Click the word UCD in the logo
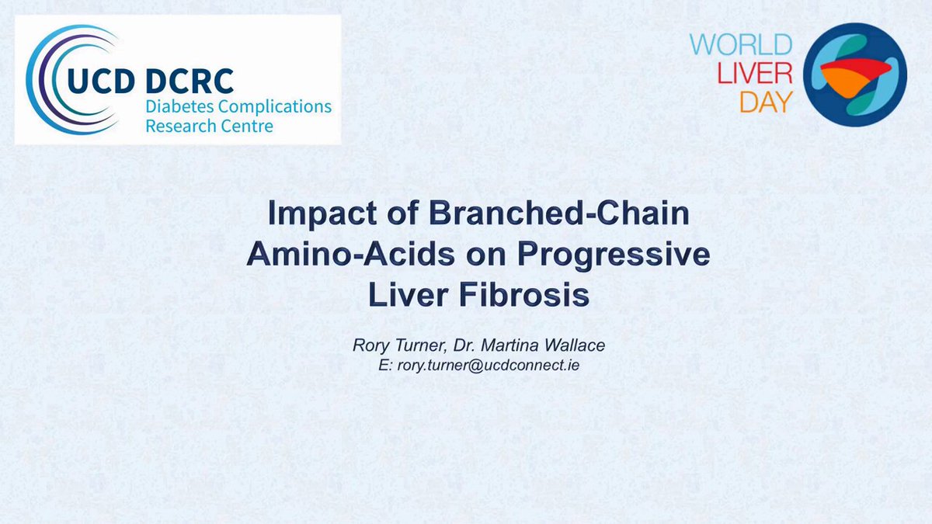point(101,81)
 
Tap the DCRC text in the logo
point(190,81)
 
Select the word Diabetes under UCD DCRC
point(180,106)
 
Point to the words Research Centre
point(209,126)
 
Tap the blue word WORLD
point(741,45)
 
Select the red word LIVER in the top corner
point(755,74)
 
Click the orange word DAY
point(766,102)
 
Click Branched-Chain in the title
point(558,213)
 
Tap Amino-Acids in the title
point(350,254)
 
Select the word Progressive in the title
point(614,255)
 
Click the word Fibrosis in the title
point(524,295)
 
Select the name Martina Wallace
point(543,345)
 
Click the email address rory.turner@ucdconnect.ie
point(489,365)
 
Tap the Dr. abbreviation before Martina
point(464,345)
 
